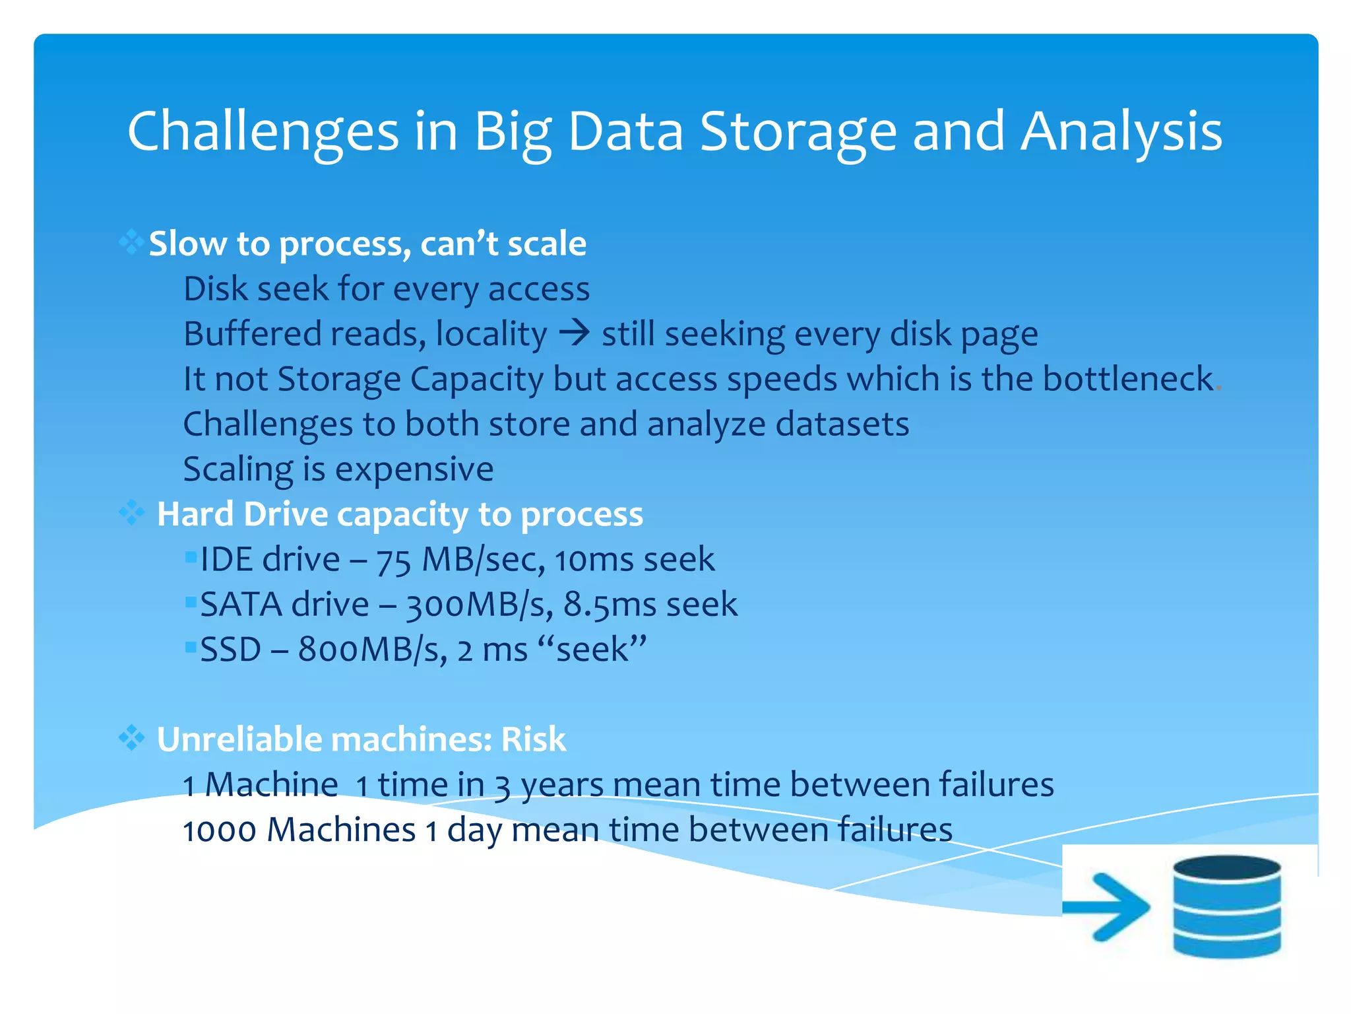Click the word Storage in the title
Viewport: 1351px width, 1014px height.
point(798,132)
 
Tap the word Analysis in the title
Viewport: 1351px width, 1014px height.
point(1121,132)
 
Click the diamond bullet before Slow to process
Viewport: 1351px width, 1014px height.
point(131,242)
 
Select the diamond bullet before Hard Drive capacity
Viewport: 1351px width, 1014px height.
point(131,512)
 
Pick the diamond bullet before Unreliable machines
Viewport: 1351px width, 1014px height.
point(131,737)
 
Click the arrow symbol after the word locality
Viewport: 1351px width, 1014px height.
point(574,333)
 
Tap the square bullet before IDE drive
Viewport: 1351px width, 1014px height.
point(191,558)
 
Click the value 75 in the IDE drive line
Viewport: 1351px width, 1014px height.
point(394,560)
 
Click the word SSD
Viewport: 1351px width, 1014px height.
point(230,650)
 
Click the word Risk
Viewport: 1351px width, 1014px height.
point(533,739)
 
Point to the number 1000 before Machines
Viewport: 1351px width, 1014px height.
point(219,830)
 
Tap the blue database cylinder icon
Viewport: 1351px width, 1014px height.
point(1227,906)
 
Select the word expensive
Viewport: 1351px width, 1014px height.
point(414,469)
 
